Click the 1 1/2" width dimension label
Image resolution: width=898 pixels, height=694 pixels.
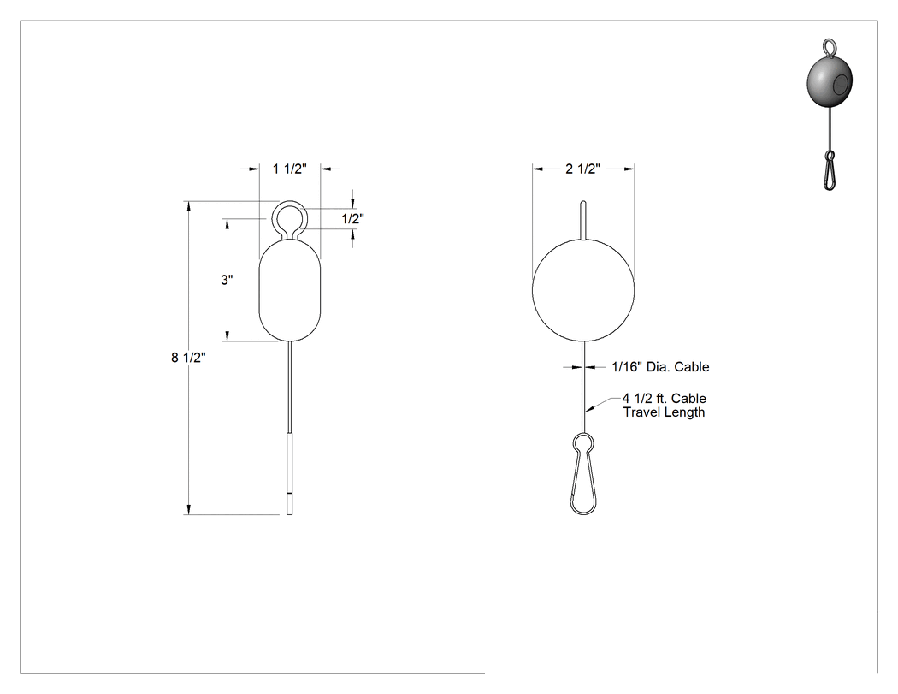pos(289,169)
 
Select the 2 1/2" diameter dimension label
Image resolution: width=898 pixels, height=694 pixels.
pos(582,169)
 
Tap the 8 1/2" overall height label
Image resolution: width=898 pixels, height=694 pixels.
pos(188,358)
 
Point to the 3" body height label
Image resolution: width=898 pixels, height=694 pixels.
pos(227,280)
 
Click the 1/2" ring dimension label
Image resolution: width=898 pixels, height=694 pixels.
pos(352,218)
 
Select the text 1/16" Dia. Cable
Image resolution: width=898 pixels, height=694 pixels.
pos(660,367)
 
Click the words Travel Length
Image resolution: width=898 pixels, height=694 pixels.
pos(664,412)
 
